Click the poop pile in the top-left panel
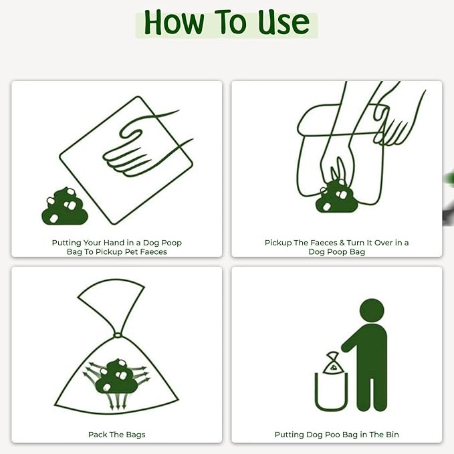click(x=65, y=206)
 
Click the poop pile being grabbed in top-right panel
click(x=336, y=197)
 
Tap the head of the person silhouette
click(x=372, y=310)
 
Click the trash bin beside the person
click(x=332, y=392)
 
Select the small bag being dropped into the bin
click(x=333, y=364)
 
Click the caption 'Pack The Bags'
click(x=116, y=435)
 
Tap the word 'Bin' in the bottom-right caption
click(x=391, y=435)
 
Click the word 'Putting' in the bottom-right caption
click(x=289, y=435)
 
